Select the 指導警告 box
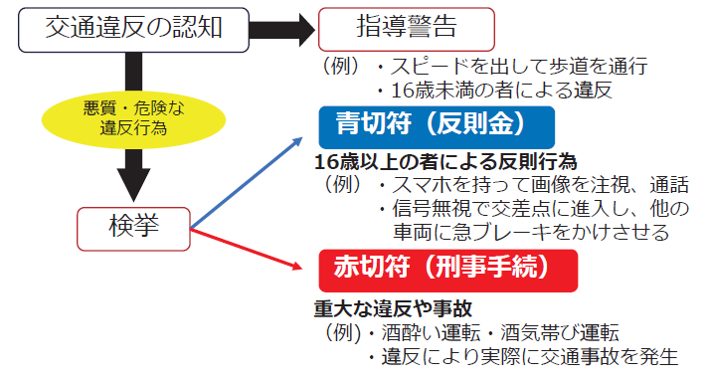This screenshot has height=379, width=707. pyautogui.click(x=405, y=28)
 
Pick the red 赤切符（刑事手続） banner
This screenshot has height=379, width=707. pyautogui.click(x=447, y=269)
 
